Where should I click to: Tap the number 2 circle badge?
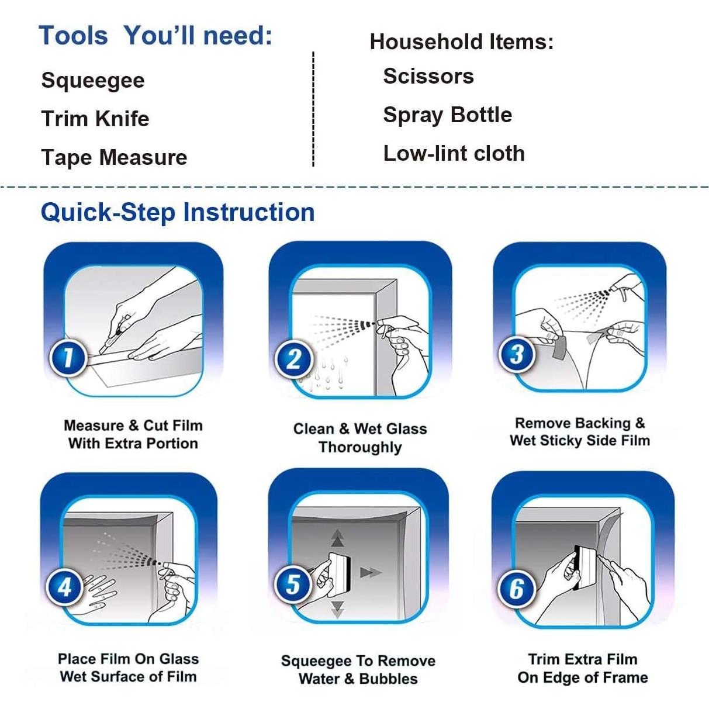point(294,359)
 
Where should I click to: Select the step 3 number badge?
point(517,354)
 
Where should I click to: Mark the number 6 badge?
point(517,589)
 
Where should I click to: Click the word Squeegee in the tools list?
point(93,81)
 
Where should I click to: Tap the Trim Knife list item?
point(95,119)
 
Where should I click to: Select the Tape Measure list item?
point(114,157)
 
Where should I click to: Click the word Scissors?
point(428,76)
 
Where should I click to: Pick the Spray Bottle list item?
point(447,115)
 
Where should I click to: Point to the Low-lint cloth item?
point(454,153)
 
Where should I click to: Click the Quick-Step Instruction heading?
point(178,212)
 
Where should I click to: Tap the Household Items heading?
point(461,41)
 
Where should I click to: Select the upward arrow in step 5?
point(337,538)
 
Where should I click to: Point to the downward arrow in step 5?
point(337,610)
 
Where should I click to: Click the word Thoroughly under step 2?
point(360,447)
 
